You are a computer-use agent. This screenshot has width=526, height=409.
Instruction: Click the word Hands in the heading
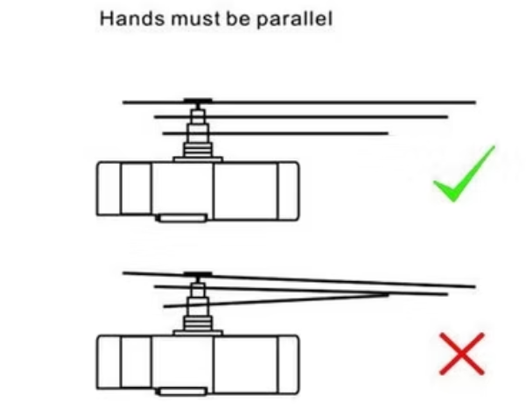[132, 18]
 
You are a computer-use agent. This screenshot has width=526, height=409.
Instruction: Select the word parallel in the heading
[295, 19]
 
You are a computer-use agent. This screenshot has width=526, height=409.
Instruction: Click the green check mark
[464, 174]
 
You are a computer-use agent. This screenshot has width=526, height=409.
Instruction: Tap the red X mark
[462, 354]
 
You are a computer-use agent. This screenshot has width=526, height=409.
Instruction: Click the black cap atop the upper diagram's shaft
[198, 101]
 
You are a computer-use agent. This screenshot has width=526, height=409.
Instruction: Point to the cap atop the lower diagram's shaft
[198, 274]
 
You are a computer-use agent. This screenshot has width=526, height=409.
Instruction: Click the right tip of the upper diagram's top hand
[476, 102]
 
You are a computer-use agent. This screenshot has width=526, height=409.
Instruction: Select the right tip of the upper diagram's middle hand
[448, 116]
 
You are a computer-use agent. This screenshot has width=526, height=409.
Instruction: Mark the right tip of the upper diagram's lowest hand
[388, 133]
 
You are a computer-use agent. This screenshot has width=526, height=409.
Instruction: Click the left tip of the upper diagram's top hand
[123, 102]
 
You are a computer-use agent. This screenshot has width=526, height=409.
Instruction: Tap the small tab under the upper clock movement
[182, 218]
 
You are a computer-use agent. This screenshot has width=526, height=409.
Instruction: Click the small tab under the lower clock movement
[182, 391]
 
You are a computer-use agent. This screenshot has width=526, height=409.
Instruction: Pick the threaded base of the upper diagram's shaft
[198, 150]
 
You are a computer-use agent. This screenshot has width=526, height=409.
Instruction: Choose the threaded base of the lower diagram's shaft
[198, 323]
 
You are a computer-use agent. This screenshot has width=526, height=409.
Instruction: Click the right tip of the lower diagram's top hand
[475, 286]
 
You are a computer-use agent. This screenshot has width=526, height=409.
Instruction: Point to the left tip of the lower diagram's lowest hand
[164, 307]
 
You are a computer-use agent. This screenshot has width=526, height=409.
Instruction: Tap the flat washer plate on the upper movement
[198, 159]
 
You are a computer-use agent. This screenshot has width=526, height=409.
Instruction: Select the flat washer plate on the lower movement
[198, 333]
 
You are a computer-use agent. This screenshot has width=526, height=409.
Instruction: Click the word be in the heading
[238, 18]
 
